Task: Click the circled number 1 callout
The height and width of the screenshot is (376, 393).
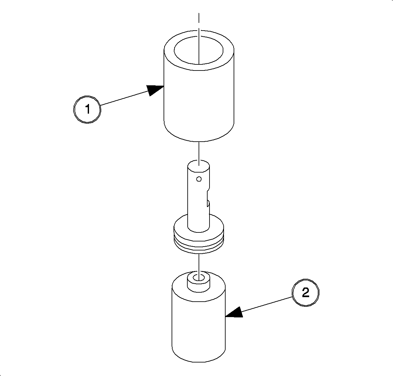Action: click(87, 109)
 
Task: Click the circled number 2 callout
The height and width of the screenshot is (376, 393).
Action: click(305, 292)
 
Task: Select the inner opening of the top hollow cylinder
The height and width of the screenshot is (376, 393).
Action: click(199, 51)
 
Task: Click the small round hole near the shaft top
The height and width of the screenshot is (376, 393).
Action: click(199, 179)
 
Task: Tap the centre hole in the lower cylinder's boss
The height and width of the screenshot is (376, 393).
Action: click(199, 277)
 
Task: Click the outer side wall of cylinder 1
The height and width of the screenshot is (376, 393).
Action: click(199, 95)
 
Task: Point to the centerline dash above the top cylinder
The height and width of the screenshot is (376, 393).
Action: click(199, 18)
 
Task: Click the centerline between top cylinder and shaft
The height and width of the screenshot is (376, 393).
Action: click(199, 154)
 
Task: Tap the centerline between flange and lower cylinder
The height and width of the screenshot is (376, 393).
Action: click(199, 267)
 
